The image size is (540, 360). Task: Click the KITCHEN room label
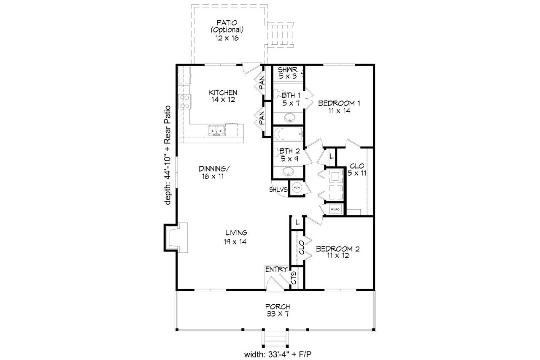pos(223,92)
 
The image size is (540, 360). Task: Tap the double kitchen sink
pos(216,131)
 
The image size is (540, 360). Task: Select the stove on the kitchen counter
pos(185,102)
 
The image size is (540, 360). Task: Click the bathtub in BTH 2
pos(289,135)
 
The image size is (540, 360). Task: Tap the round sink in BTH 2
pos(289,172)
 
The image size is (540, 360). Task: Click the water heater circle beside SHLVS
pos(297,188)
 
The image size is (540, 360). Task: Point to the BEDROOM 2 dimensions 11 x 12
pos(337,256)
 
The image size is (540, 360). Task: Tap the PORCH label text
pos(277,306)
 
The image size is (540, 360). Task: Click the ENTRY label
pos(276,269)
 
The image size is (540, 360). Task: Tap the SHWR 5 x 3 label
pos(288,73)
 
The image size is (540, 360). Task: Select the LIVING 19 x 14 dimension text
pos(235,242)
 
